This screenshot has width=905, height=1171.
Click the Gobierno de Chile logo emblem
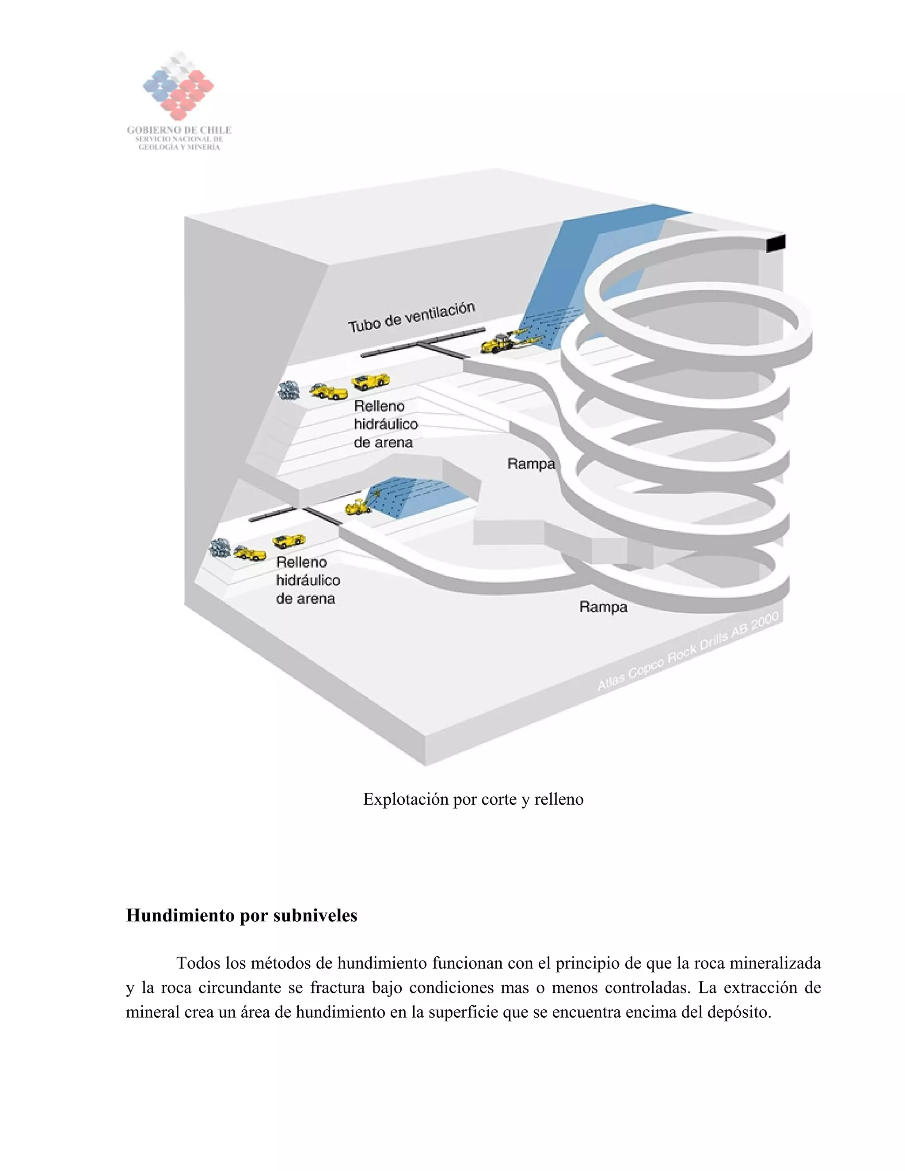pyautogui.click(x=178, y=86)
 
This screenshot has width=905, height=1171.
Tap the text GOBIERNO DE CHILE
pyautogui.click(x=179, y=130)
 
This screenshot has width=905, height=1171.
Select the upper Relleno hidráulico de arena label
pyautogui.click(x=385, y=424)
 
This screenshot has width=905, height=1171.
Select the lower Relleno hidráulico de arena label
pyautogui.click(x=307, y=580)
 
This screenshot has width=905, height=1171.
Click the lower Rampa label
pyautogui.click(x=603, y=607)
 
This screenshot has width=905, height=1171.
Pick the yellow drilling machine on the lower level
pyautogui.click(x=357, y=506)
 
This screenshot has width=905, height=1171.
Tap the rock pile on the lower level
pyautogui.click(x=220, y=547)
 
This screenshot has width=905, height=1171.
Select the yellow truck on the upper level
pyautogui.click(x=370, y=381)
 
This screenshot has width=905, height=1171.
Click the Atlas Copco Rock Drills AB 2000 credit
pyautogui.click(x=688, y=652)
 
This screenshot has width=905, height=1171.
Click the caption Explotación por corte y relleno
pyautogui.click(x=473, y=799)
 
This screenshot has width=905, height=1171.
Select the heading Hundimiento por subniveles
pyautogui.click(x=241, y=915)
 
